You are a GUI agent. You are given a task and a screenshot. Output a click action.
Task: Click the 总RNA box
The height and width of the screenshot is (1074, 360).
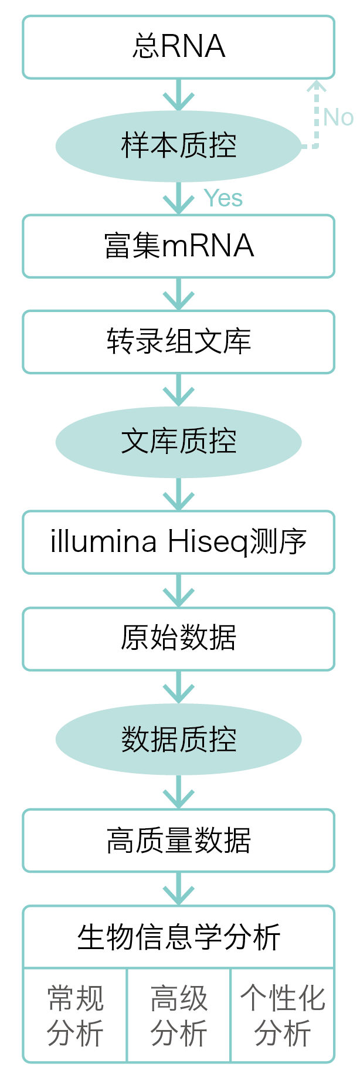pos(178,47)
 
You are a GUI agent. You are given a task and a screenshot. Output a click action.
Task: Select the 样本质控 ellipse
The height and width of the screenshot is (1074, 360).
pos(178,145)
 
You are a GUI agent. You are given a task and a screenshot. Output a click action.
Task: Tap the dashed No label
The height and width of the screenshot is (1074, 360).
pos(338,117)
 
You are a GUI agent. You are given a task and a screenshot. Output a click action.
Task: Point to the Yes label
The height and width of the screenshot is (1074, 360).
pos(223,199)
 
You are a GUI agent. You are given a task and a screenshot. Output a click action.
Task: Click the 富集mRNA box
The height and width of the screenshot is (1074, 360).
pos(178,246)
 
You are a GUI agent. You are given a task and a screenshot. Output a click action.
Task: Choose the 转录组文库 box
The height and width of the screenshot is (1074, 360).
pos(178,342)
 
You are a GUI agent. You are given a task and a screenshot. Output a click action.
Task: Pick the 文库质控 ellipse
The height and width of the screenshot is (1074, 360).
pos(178,442)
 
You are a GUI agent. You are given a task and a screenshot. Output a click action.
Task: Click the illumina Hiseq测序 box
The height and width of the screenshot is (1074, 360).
pos(178,542)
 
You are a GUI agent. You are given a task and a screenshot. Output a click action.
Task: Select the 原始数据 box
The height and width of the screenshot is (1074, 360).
pos(178,639)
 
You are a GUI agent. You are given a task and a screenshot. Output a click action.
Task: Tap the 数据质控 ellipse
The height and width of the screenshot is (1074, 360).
pos(178,739)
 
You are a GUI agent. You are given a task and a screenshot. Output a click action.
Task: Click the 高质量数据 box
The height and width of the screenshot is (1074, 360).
pos(178,841)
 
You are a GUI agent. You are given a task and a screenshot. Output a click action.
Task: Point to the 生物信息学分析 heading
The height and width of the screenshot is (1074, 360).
pos(178,937)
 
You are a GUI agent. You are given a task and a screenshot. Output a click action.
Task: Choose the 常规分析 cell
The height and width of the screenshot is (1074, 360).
pos(75,1015)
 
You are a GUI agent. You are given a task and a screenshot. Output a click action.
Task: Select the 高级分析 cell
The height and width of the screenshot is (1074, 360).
pos(179,1015)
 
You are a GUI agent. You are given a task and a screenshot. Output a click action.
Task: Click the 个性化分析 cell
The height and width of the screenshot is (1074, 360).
pos(283,1015)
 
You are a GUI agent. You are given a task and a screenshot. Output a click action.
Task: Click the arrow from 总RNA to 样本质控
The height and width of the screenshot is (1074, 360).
pos(178,96)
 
